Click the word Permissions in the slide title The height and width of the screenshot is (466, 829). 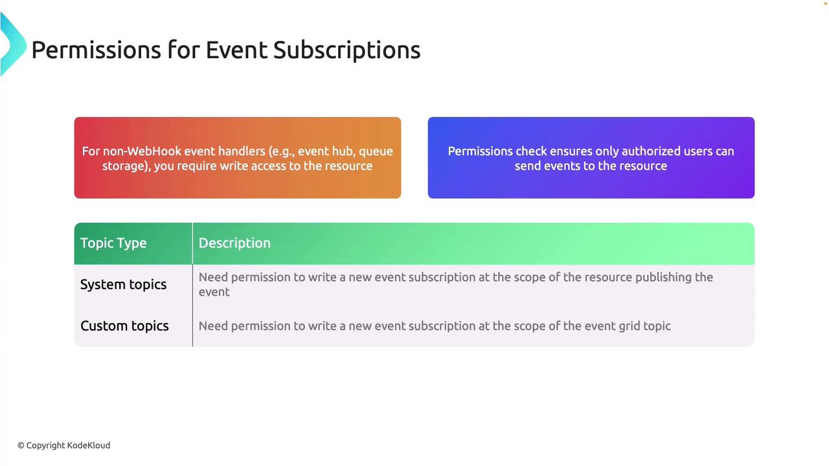click(97, 50)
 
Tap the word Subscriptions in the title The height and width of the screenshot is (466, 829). click(346, 51)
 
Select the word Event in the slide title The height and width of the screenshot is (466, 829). click(236, 50)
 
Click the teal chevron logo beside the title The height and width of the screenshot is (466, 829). click(13, 44)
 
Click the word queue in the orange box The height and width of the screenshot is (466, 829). click(376, 152)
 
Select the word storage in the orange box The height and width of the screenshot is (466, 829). click(125, 167)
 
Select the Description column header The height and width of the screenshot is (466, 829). click(234, 243)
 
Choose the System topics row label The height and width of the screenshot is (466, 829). click(123, 285)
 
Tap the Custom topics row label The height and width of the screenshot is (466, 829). click(124, 326)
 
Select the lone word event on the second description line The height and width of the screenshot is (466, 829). click(214, 292)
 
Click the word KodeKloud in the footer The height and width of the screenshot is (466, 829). click(89, 445)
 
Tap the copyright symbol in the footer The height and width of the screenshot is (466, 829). click(21, 446)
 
